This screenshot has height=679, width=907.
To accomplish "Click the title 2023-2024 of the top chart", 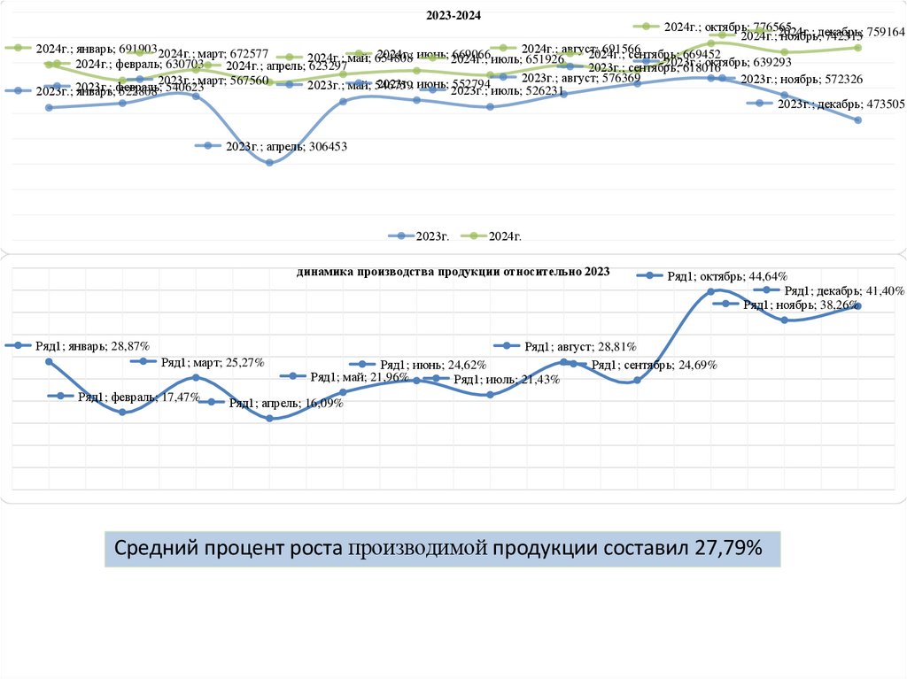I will click(453, 16).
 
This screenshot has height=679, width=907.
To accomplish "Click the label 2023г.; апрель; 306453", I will click(285, 147).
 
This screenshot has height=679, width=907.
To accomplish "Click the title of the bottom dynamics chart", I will click(453, 272).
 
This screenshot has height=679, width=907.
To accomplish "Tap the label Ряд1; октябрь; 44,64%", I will click(726, 276).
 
